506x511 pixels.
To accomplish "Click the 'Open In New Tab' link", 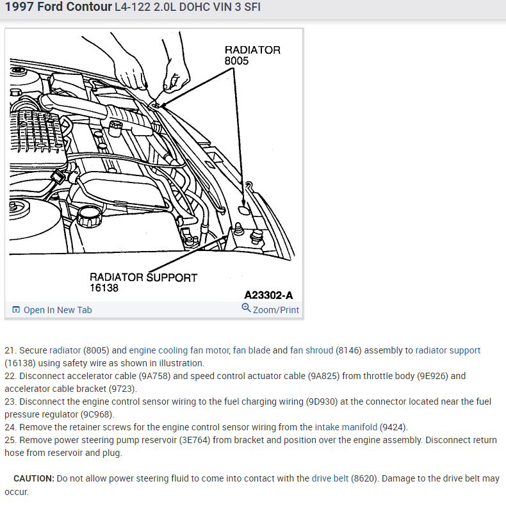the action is coord(57,310).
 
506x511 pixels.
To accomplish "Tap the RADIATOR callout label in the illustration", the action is coord(252,50).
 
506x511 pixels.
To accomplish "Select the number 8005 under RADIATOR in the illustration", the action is coord(236,61).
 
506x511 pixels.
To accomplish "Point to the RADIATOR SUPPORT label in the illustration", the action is coord(143,277).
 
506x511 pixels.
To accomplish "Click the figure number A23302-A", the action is coord(268,295).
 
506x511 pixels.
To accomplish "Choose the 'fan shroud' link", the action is coord(312,350).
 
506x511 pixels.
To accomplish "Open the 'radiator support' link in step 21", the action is coord(448,350).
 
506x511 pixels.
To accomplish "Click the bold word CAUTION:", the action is coord(34,478).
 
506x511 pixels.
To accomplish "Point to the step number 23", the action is coord(10,401).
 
